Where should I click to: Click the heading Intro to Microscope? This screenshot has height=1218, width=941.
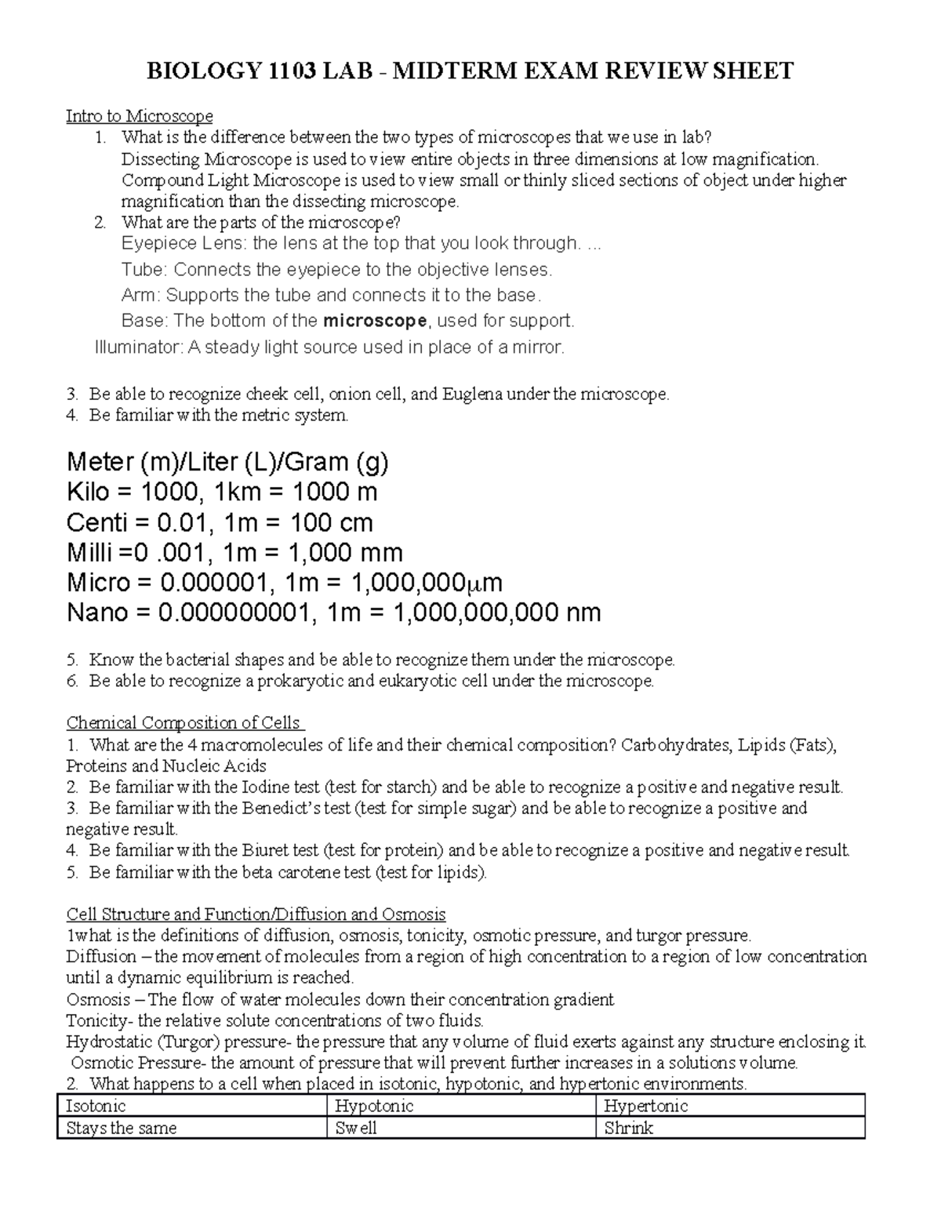coord(139,117)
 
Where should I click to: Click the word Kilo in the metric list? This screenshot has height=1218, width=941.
coord(89,493)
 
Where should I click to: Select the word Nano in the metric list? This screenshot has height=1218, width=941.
coord(97,613)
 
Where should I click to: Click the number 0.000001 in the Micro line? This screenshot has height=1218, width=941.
coord(228,583)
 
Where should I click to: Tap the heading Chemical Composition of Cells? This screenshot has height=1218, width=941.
coord(184,722)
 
